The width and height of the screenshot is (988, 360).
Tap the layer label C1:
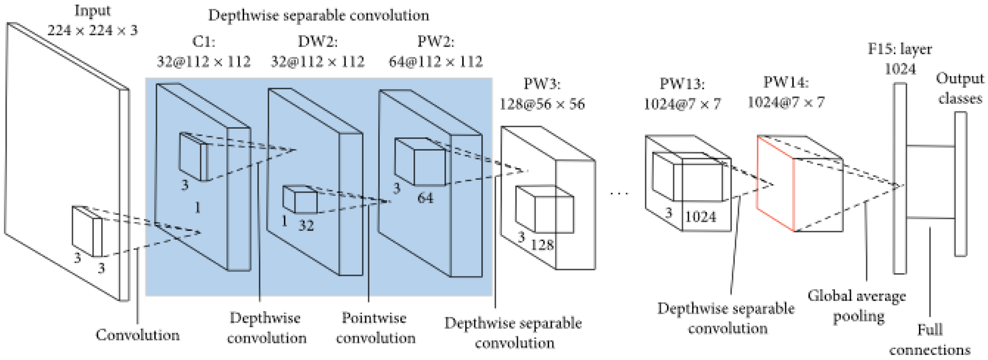coord(204,41)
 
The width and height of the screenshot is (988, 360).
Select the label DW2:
coord(317,41)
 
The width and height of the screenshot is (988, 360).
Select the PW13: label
coord(682,84)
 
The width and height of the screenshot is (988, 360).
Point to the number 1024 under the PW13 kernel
coord(700,217)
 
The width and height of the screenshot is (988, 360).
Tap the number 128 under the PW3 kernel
coord(542,245)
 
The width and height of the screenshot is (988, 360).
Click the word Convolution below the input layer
coord(137,335)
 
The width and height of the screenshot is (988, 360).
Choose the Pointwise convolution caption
coord(375,328)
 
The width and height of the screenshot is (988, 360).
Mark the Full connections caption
coord(930,340)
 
